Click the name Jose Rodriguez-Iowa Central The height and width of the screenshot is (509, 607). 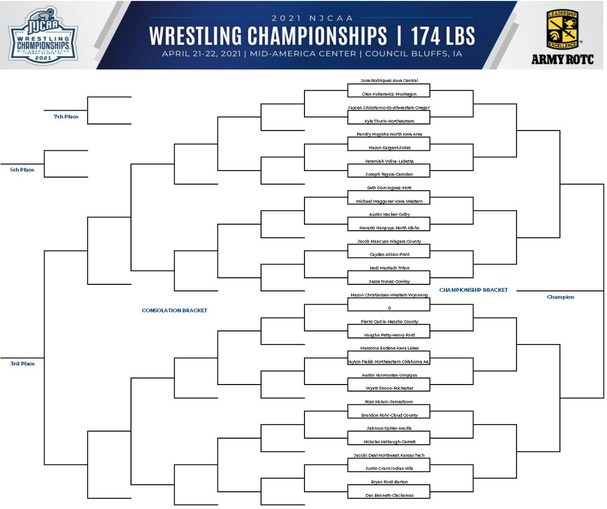(388, 80)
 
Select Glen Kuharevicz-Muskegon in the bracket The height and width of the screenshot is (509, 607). (388, 94)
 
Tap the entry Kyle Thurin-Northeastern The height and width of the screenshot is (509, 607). (388, 121)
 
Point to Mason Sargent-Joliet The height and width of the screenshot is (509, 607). (388, 148)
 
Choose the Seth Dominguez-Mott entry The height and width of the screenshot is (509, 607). (388, 188)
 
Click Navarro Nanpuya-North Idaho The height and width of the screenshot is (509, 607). (388, 228)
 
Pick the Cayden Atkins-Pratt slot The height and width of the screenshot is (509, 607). (388, 254)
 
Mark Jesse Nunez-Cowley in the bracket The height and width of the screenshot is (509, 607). (388, 281)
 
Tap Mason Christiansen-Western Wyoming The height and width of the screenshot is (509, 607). (388, 295)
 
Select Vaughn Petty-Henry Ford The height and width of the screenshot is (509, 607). (388, 335)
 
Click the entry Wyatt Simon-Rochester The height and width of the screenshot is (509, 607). (388, 389)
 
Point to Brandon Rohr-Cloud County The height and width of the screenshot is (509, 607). (388, 415)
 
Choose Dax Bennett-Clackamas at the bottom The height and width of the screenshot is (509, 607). (388, 495)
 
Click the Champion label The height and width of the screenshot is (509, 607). (560, 298)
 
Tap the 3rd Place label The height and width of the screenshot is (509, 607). (22, 364)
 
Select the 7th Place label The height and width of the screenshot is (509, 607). (66, 117)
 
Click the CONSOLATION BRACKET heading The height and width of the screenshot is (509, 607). (174, 311)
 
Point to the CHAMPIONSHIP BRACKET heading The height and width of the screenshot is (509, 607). (473, 290)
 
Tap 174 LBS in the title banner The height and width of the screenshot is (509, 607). (443, 36)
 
